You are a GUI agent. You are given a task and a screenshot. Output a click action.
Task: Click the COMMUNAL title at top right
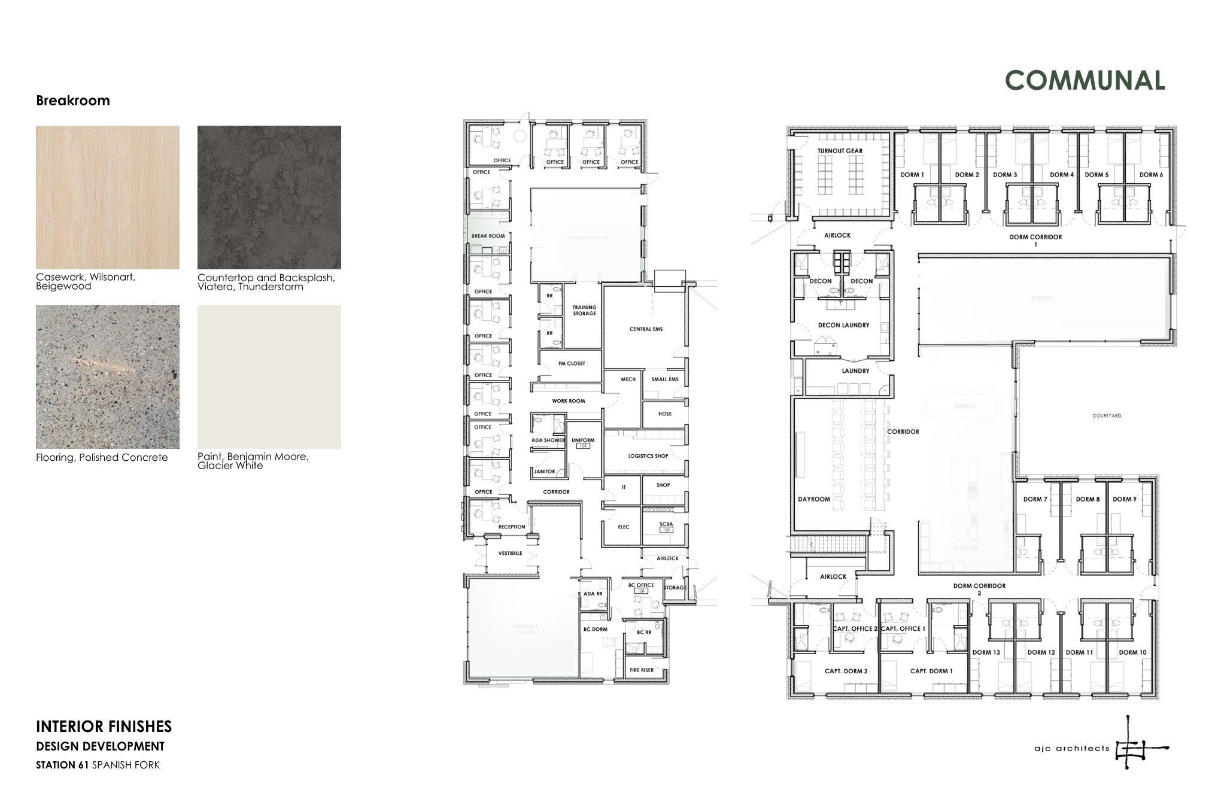[1085, 80]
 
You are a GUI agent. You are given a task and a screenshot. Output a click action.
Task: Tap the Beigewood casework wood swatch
[108, 197]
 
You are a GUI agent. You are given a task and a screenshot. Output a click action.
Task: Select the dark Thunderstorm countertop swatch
[269, 197]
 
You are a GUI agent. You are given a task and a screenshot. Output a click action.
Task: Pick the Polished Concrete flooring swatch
[108, 376]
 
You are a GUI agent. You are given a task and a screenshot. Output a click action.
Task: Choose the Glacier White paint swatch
[269, 376]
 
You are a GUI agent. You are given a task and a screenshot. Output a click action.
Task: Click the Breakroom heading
[73, 101]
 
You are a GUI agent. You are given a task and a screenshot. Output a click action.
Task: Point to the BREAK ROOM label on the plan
[488, 236]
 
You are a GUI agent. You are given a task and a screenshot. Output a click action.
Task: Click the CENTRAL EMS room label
[646, 329]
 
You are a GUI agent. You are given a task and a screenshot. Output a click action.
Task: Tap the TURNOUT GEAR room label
[840, 151]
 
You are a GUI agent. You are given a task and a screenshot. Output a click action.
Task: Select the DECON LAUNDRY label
[843, 326]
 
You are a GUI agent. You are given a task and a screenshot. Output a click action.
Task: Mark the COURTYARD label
[1106, 415]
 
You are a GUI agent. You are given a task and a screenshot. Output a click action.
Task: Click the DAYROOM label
[814, 499]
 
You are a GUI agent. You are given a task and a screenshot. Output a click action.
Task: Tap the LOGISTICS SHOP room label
[648, 456]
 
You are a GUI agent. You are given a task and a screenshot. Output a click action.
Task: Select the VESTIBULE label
[510, 554]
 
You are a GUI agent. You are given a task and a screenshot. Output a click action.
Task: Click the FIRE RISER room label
[642, 670]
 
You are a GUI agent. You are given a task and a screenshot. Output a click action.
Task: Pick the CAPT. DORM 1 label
[931, 671]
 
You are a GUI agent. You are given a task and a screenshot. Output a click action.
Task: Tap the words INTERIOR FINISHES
[104, 727]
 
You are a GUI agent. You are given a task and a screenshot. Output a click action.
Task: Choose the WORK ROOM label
[568, 401]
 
